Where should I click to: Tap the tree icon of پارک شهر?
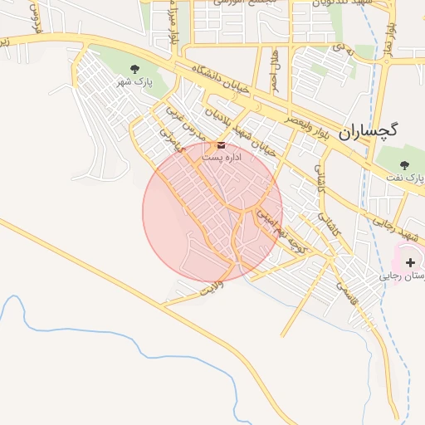point(135,68)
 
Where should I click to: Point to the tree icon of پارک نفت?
point(404,164)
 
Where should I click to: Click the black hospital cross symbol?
point(411,262)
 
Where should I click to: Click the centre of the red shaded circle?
point(212,211)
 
